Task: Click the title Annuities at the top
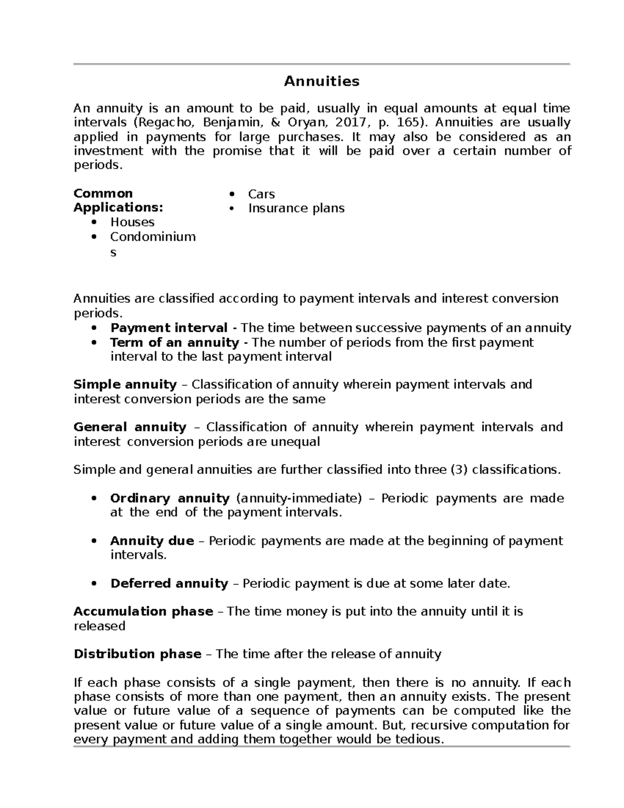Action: pos(321,82)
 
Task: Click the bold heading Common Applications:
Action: pos(118,201)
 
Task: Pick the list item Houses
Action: pos(132,222)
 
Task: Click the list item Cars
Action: pos(261,194)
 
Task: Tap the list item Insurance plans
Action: pos(296,208)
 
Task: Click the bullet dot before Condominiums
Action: pos(94,237)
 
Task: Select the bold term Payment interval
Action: pos(168,328)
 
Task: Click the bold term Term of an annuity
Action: pos(174,343)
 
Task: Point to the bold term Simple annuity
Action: pos(125,384)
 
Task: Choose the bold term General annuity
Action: pos(130,427)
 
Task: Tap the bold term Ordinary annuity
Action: pos(170,498)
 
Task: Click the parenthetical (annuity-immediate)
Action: pos(299,498)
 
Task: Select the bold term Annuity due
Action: pos(152,541)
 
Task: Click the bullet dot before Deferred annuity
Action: pos(94,584)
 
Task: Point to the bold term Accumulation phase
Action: pos(143,611)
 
